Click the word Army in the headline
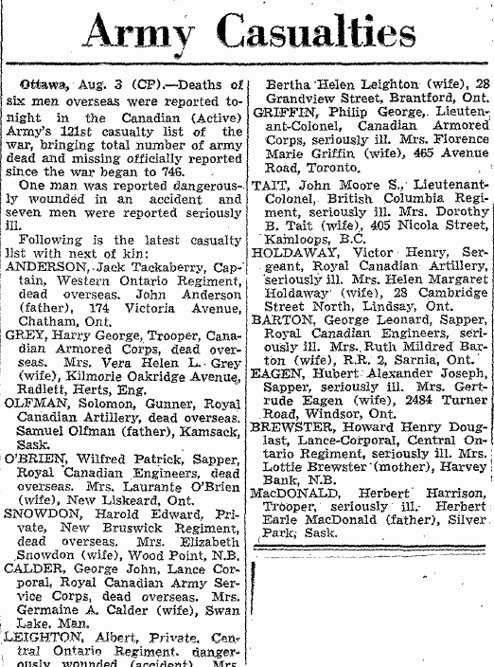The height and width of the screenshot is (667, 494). coord(142,38)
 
